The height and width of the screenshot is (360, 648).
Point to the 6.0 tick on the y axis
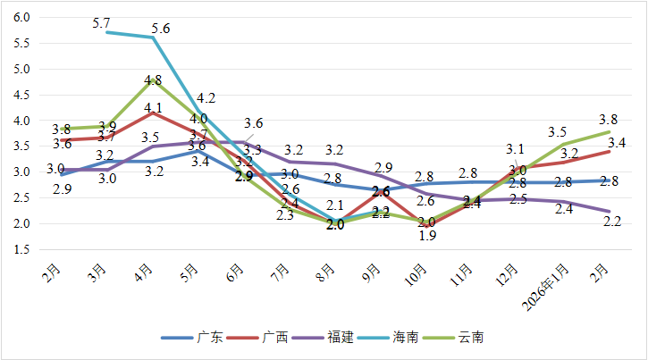(22, 17)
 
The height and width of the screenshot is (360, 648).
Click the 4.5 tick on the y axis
(22, 95)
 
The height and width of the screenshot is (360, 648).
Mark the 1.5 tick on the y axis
(22, 249)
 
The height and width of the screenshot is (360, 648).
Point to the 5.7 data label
(101, 22)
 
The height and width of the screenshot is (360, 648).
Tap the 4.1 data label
(154, 109)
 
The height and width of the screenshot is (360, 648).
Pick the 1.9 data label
(427, 237)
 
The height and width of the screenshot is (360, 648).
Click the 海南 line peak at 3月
(107, 32)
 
